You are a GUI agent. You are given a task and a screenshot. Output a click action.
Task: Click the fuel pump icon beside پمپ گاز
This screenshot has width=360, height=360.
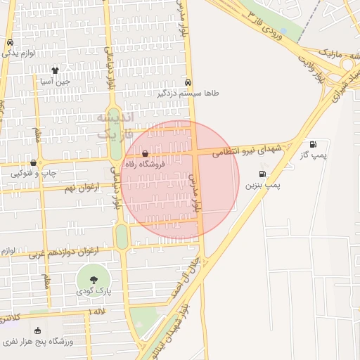312,144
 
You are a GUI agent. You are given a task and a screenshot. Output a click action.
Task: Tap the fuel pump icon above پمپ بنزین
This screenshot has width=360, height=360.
262,174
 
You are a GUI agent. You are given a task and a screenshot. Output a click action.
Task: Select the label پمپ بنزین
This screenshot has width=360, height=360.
262,185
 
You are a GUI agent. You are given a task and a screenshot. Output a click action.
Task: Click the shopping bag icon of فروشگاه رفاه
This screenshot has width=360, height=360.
145,153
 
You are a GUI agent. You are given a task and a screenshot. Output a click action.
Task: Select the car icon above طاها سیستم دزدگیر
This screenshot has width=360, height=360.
188,82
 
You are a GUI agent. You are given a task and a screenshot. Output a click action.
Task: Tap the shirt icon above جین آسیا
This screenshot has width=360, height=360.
55,70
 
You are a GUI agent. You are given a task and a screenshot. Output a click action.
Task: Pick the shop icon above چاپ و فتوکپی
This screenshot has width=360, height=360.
33,162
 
